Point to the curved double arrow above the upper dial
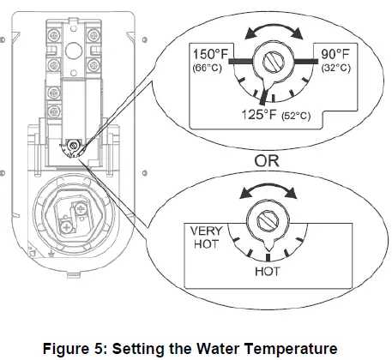click(273, 31)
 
